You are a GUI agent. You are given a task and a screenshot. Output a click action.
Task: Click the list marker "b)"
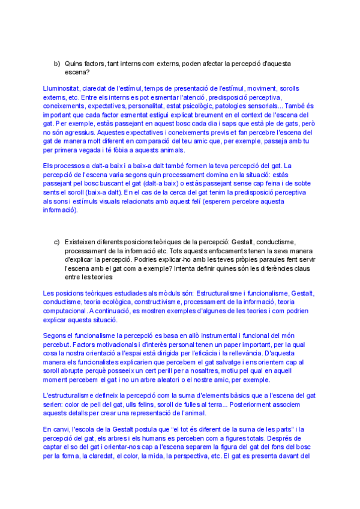pyautogui.click(x=57, y=63)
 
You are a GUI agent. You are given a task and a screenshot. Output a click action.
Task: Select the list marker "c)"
pyautogui.click(x=57, y=241)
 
